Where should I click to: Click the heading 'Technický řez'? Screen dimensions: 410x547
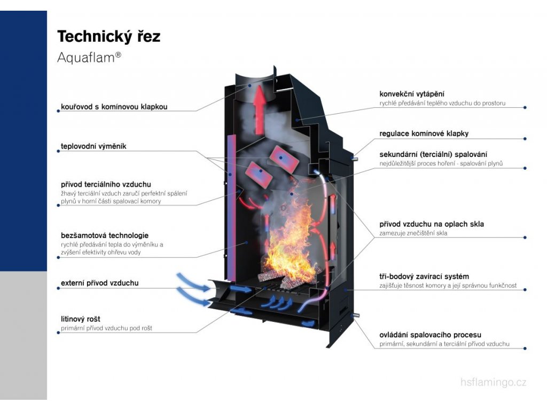[x=108, y=36]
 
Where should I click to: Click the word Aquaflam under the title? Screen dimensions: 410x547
[x=85, y=58]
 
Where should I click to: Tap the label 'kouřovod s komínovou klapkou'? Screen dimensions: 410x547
[x=114, y=107]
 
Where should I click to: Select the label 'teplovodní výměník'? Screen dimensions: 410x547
[x=93, y=146]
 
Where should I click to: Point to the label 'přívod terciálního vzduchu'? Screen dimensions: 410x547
[x=106, y=184]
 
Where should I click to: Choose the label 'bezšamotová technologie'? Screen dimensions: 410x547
[x=105, y=235]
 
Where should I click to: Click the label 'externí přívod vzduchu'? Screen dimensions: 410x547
[x=99, y=283]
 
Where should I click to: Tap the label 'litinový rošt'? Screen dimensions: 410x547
[x=81, y=319]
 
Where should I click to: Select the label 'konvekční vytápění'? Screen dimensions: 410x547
[x=412, y=94]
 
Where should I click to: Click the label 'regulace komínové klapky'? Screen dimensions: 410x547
[x=424, y=133]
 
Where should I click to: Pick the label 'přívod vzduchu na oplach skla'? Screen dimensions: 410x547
[x=432, y=224]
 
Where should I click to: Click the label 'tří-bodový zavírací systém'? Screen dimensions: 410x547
[x=424, y=277]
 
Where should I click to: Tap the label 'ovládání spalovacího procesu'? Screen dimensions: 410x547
[x=430, y=335]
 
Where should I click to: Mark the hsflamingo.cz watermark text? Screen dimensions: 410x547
[x=493, y=382]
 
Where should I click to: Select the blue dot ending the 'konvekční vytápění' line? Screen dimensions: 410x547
[x=525, y=107]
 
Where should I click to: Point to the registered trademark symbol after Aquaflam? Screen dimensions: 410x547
[x=118, y=54]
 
